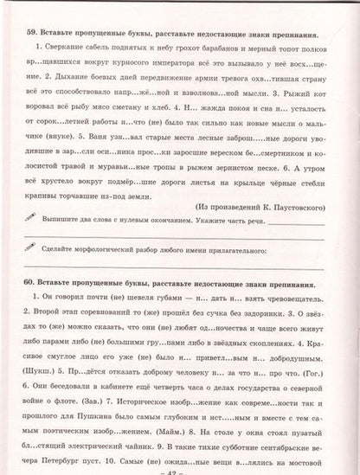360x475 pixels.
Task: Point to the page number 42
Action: point(180,468)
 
